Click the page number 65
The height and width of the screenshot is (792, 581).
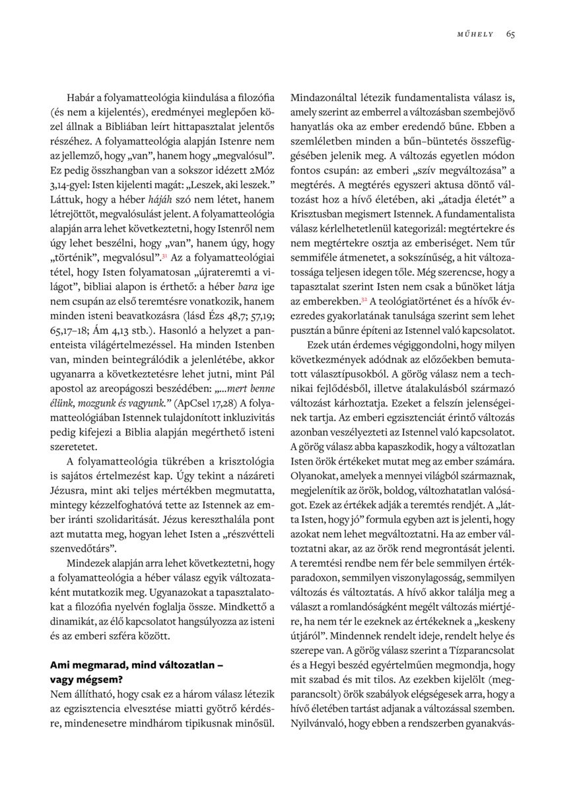pos(510,34)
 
